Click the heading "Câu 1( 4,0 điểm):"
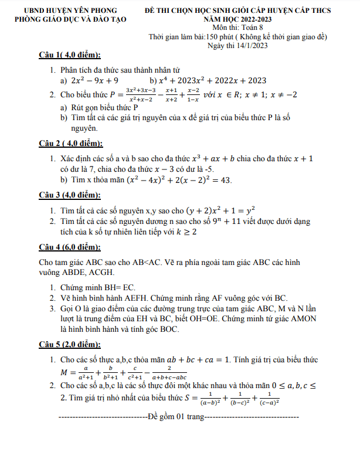click(x=69, y=56)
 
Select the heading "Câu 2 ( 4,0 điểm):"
click(x=70, y=144)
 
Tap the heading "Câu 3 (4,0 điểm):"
click(x=69, y=195)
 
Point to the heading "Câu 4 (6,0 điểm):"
click(x=69, y=246)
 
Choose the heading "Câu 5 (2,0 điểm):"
click(x=69, y=344)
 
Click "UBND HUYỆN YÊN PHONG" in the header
click(x=71, y=11)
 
